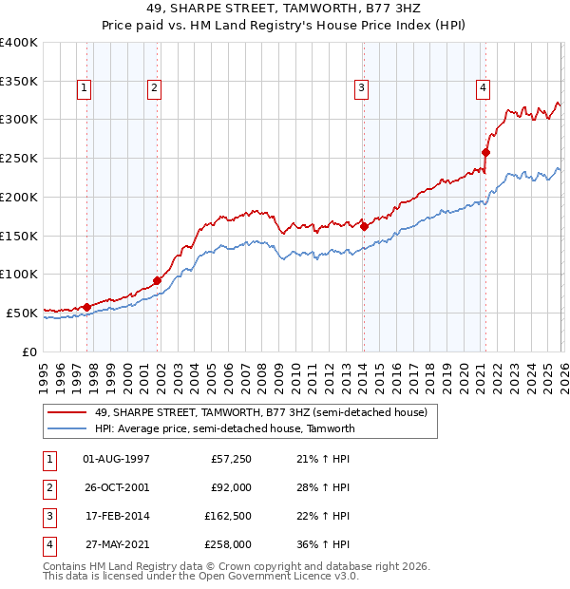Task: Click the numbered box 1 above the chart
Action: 85,88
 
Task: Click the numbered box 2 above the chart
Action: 154,88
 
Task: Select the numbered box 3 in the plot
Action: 362,88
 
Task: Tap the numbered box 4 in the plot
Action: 483,88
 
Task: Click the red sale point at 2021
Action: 485,152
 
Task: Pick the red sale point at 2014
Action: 364,226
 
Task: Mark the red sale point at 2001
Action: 157,280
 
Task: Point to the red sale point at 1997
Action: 86,307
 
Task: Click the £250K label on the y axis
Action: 19,158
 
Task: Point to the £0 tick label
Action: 28,351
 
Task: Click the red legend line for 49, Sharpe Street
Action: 67,412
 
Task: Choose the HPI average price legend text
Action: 224,428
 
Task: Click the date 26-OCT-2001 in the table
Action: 116,487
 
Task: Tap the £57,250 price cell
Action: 230,459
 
